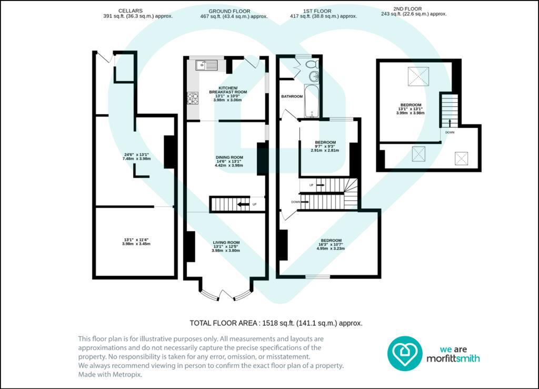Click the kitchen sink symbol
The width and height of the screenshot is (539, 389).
[206, 65]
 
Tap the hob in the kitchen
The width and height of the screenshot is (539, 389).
[193, 98]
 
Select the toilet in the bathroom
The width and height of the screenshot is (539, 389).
[313, 64]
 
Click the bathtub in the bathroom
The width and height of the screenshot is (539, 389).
[312, 101]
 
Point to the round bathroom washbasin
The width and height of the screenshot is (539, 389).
[314, 76]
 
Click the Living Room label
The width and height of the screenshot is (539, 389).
[226, 242]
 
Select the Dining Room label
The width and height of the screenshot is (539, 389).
[229, 157]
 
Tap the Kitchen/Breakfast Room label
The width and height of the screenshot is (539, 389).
[228, 90]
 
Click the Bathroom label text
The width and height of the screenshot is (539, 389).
[292, 96]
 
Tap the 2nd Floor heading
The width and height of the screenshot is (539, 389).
[408, 9]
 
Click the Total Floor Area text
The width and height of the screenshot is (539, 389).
[276, 323]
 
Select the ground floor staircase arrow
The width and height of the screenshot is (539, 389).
[243, 205]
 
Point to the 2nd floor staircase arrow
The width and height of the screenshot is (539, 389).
[450, 123]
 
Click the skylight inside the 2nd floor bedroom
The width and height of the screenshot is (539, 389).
[418, 76]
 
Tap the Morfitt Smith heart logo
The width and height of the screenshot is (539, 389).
[405, 353]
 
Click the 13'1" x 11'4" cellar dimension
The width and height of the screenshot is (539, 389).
[136, 241]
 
